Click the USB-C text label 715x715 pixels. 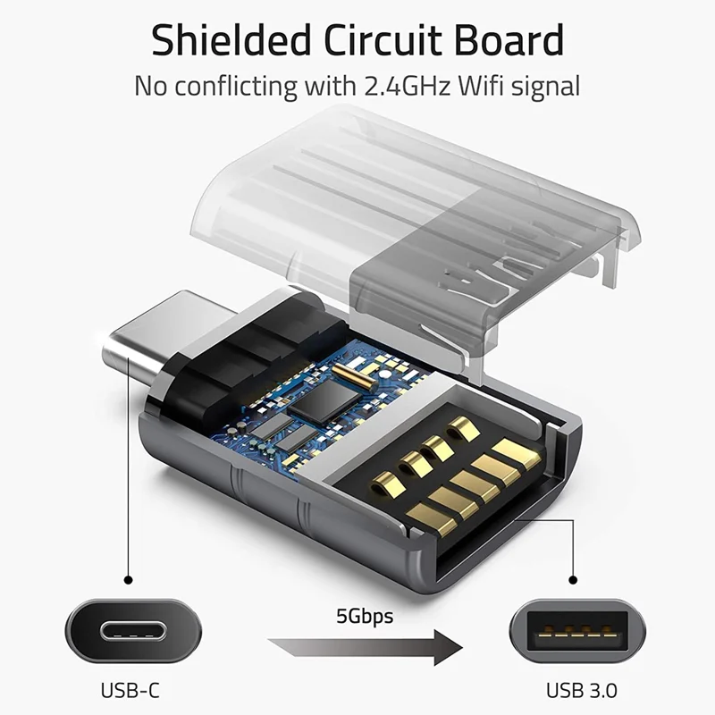(x=131, y=690)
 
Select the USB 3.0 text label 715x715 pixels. (x=582, y=690)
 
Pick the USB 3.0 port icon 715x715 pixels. (x=583, y=631)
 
